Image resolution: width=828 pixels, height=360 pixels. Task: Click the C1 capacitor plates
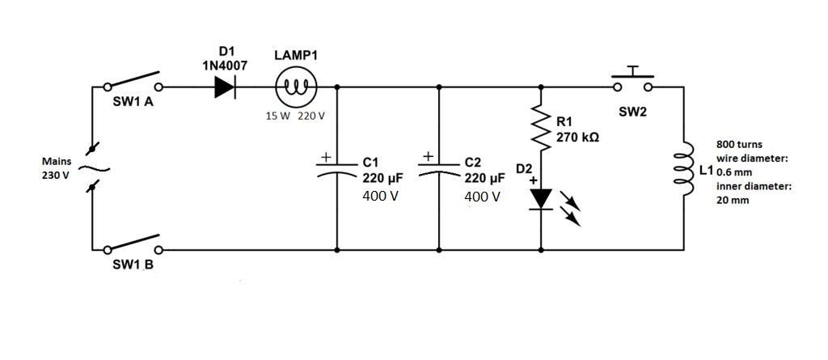click(x=336, y=172)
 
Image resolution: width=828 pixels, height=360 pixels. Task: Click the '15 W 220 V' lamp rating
click(x=295, y=116)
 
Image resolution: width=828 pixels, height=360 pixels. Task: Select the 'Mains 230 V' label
click(x=57, y=168)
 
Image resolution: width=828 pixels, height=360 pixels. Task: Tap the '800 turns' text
click(x=739, y=144)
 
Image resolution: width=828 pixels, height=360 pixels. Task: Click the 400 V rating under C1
click(x=381, y=197)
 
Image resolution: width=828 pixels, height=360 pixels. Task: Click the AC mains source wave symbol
click(x=93, y=168)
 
